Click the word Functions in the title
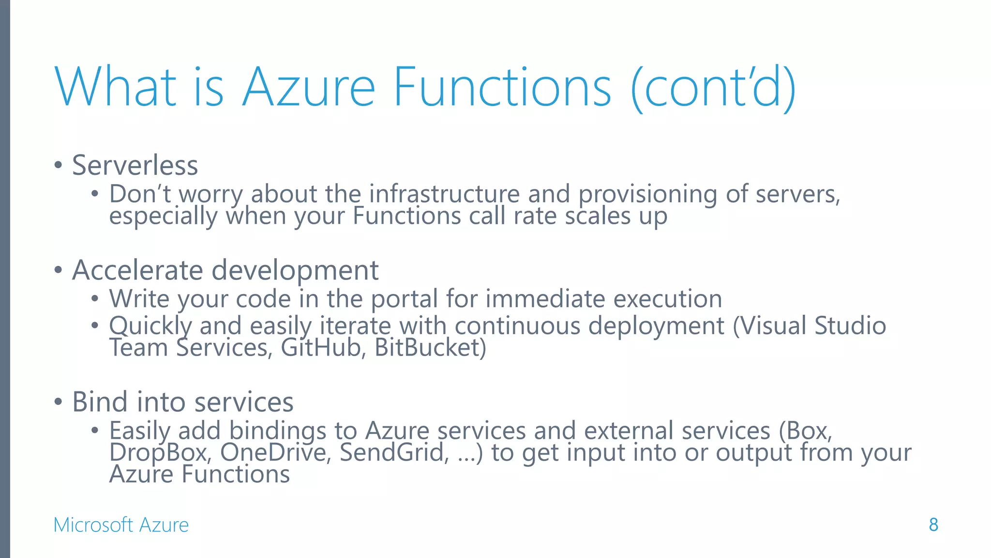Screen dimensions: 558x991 point(502,87)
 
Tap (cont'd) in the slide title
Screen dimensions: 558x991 point(713,88)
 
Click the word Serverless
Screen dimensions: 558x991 point(135,165)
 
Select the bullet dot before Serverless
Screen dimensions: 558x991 point(59,165)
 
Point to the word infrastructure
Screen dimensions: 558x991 point(444,194)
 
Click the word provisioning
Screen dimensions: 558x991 point(647,195)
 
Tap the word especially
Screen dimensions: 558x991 point(163,216)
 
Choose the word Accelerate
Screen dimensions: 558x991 point(137,270)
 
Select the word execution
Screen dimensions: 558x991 point(668,299)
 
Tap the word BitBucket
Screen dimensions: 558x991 point(430,348)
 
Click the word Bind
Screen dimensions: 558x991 point(100,402)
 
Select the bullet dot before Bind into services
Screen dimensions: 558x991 point(59,402)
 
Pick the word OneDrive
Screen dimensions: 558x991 point(275,452)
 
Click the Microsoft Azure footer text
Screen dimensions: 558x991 point(121,525)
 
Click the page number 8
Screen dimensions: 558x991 point(933,525)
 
